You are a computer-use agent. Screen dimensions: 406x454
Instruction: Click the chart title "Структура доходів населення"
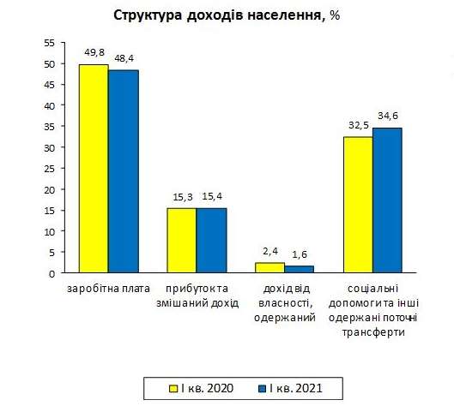tap(218, 16)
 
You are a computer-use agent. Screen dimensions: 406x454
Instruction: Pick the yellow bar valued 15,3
tap(182, 241)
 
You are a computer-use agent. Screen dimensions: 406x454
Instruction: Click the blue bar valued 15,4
tap(211, 241)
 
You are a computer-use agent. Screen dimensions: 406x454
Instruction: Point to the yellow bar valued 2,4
tap(270, 267)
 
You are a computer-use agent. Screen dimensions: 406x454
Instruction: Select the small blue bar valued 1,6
tap(300, 269)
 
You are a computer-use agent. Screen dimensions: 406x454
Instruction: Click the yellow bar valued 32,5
tap(358, 205)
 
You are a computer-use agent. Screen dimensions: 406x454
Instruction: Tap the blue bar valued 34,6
tap(387, 200)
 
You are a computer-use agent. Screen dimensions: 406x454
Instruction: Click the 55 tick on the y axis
tap(48, 43)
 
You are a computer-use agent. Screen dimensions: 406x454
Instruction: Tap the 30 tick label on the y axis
tap(48, 147)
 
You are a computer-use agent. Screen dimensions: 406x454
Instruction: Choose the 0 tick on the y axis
tap(51, 273)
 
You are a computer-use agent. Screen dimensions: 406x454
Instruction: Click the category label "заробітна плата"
tap(108, 289)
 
